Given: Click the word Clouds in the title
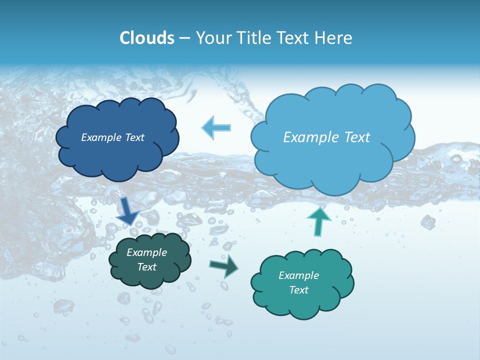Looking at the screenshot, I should pos(146,38).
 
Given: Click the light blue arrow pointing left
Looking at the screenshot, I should pos(216,127).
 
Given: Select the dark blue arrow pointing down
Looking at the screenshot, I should pos(127,211).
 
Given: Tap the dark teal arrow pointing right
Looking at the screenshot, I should pos(224,266).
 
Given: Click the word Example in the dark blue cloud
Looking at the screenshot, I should pos(102,137).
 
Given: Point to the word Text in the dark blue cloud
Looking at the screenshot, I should pos(134,137).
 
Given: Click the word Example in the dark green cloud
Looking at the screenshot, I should pos(147,252).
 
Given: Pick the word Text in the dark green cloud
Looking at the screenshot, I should pos(147,267).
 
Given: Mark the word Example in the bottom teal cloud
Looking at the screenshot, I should pos(298,275).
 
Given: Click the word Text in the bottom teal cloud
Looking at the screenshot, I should pos(298,290).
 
